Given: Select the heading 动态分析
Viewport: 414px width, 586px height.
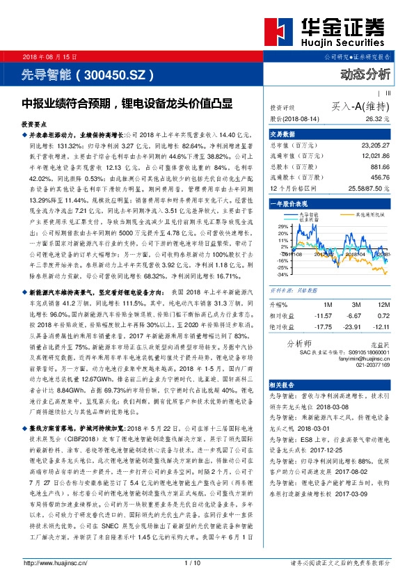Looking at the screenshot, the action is coord(366,74).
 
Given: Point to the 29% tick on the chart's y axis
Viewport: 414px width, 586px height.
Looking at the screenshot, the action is coord(282,246).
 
